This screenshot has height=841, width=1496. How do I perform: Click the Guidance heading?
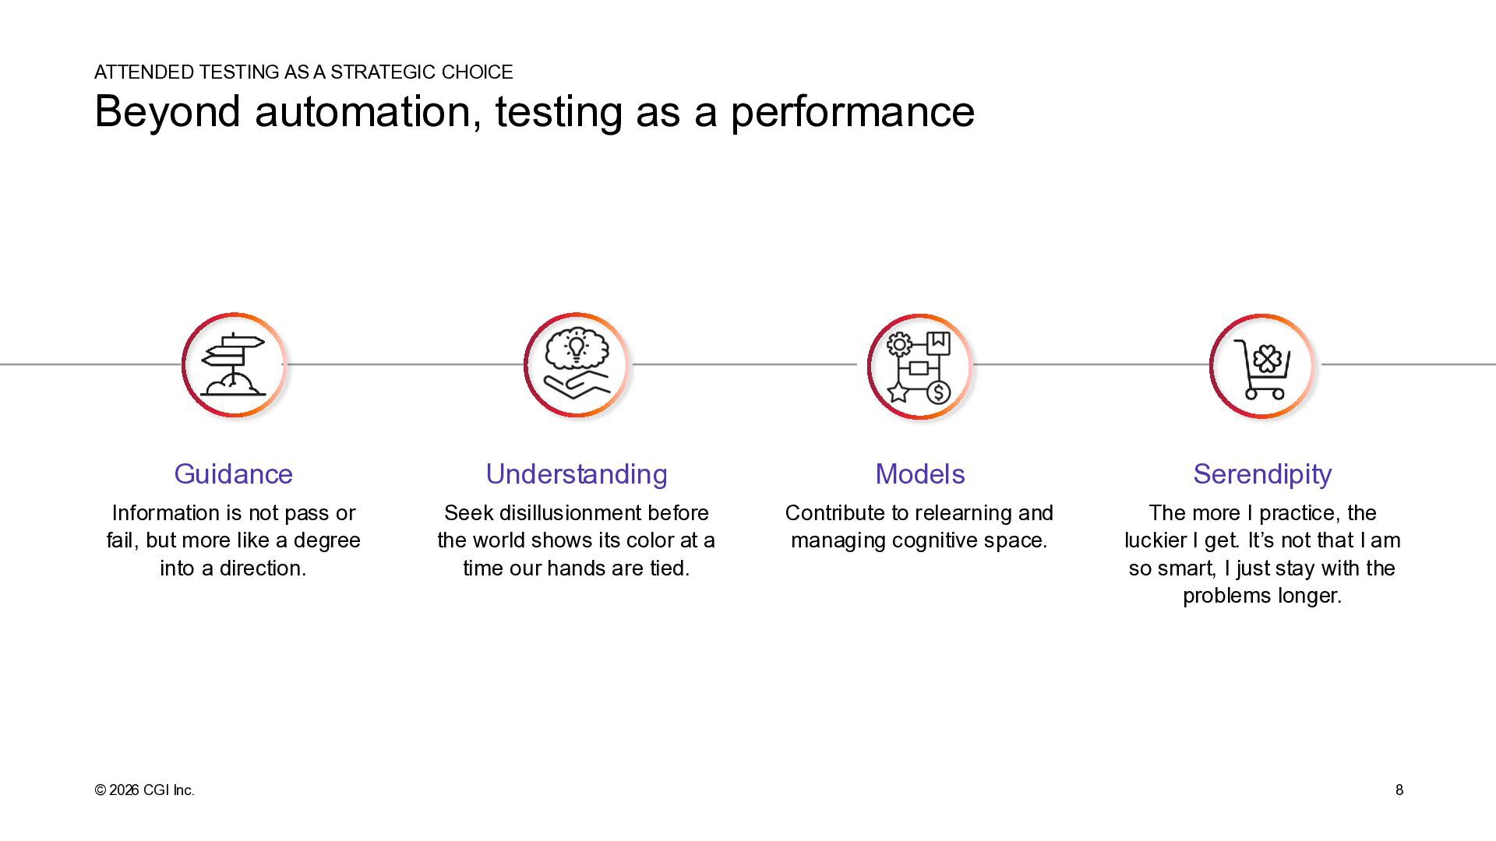pyautogui.click(x=233, y=474)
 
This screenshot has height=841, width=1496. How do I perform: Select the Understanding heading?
pyautogui.click(x=577, y=474)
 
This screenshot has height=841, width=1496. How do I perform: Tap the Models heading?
pyautogui.click(x=919, y=474)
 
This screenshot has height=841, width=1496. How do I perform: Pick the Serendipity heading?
pyautogui.click(x=1262, y=474)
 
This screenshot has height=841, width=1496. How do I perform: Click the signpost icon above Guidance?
pyautogui.click(x=233, y=364)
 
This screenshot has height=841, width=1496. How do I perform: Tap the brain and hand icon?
pyautogui.click(x=577, y=364)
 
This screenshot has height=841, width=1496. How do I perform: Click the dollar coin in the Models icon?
pyautogui.click(x=938, y=392)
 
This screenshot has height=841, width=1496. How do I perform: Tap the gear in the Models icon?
pyautogui.click(x=899, y=343)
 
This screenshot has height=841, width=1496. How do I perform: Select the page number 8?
pyautogui.click(x=1399, y=790)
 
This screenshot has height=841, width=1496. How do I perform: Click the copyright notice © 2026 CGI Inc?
pyautogui.click(x=144, y=790)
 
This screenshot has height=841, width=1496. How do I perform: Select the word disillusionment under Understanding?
pyautogui.click(x=566, y=513)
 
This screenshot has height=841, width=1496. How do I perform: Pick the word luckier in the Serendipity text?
pyautogui.click(x=1156, y=540)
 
